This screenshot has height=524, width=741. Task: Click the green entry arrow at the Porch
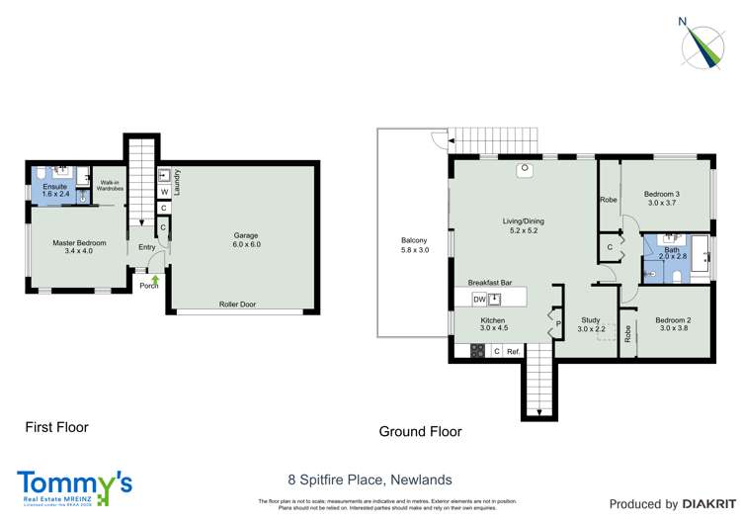[155, 281]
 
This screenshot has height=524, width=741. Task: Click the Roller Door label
[237, 305]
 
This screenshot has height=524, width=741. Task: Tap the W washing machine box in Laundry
[163, 193]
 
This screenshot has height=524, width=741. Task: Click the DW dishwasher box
[479, 299]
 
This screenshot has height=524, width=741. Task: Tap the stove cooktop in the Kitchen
[477, 350]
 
